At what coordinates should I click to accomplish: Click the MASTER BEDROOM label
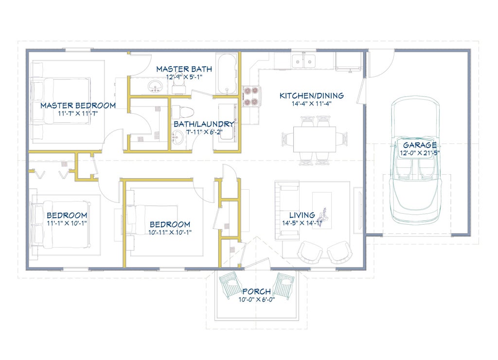78,106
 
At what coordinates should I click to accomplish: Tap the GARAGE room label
420,145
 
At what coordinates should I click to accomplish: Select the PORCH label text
257,291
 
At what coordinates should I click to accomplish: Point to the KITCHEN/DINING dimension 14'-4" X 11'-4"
312,103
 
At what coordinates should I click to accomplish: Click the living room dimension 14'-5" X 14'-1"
302,223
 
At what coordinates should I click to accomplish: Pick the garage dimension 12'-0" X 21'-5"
420,153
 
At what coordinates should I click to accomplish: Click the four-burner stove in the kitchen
251,96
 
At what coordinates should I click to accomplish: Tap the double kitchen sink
304,61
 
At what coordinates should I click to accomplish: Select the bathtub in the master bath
227,74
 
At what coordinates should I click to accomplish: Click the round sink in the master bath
155,87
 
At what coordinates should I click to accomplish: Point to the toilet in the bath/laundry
183,112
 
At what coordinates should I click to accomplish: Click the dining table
315,139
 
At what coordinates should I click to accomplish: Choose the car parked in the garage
416,160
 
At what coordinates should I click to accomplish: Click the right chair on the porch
284,286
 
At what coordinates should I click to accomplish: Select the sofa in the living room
287,211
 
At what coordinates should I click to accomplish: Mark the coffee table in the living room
322,210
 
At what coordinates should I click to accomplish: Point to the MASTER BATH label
184,69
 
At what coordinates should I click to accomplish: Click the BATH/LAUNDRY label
204,124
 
